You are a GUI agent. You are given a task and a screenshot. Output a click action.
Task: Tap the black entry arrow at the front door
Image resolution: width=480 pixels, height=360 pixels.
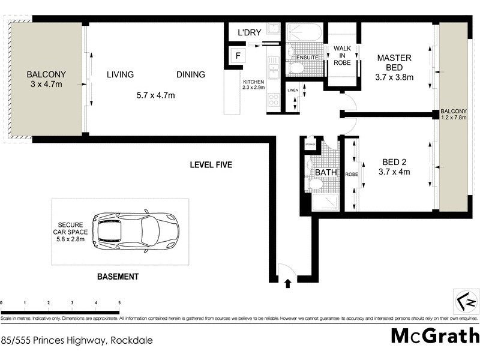(x=287, y=283)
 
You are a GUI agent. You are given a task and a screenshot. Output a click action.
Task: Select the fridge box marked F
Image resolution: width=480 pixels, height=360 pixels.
(x=238, y=56)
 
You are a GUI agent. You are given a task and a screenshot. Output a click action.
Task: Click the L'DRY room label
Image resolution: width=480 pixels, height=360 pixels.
(x=249, y=32)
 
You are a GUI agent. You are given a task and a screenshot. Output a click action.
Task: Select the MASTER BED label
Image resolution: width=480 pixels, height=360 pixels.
(x=394, y=58)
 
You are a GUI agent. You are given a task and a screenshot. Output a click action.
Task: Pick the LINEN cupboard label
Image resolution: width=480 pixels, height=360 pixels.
(x=292, y=90)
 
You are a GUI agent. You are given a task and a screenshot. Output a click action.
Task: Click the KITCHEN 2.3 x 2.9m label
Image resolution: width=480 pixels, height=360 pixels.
(x=254, y=85)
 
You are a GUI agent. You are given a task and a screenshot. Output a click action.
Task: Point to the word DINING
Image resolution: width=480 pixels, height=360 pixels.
(x=191, y=74)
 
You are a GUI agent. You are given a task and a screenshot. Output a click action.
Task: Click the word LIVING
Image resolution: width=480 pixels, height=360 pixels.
(x=120, y=74)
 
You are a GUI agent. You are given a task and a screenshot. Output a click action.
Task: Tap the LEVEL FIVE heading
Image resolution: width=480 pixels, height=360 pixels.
(x=211, y=165)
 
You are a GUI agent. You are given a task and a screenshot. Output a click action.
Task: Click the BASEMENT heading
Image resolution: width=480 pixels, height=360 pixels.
(x=118, y=277)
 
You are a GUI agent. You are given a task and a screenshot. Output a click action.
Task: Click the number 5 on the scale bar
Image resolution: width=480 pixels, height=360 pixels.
(x=119, y=303)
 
